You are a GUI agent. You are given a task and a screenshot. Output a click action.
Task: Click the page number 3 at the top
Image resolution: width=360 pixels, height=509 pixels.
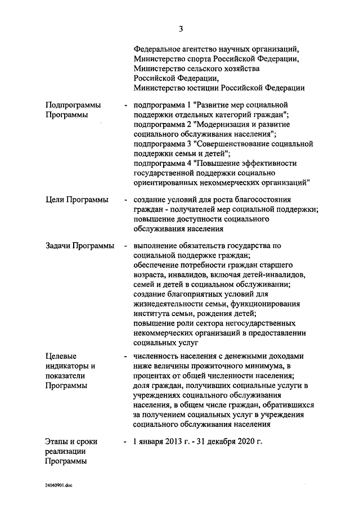(181, 29)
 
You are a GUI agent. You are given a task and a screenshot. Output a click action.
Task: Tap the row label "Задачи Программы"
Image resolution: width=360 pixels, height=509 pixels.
(79, 246)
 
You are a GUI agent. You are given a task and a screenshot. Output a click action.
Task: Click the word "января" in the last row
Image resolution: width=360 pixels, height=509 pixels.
(151, 442)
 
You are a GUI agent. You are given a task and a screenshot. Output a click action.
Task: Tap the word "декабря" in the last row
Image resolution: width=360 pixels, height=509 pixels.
(218, 442)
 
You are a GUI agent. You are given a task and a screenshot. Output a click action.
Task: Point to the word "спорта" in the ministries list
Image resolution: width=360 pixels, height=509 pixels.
(196, 58)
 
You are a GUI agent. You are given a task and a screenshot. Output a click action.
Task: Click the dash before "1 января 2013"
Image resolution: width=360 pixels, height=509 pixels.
(124, 442)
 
